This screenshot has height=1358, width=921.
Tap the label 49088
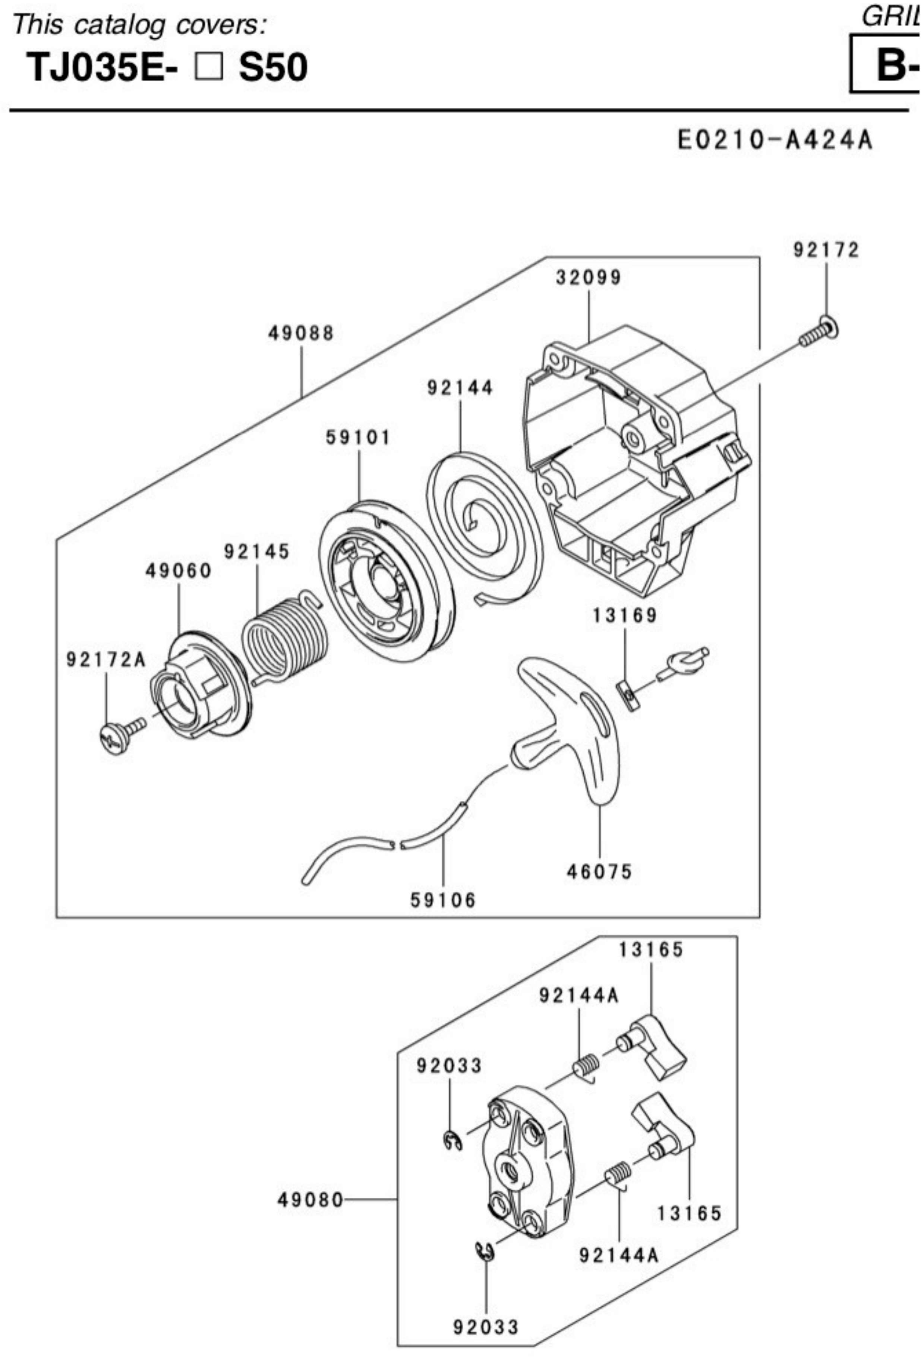pos(301,334)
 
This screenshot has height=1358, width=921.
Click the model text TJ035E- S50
pos(167,67)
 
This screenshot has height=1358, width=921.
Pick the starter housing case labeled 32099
pos(637,462)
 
